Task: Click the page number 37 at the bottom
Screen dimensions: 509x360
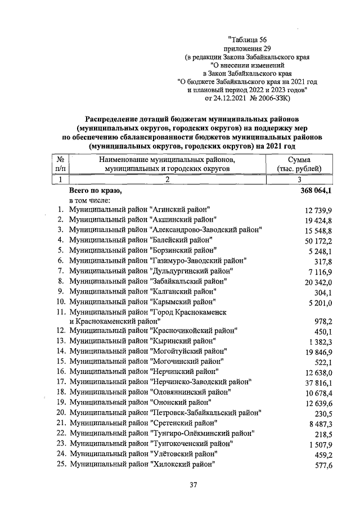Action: tap(193, 485)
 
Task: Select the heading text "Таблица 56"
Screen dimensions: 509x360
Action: tap(247, 39)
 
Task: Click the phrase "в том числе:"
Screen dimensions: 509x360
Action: tap(89, 200)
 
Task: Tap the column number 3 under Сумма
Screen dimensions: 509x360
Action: tap(299, 180)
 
